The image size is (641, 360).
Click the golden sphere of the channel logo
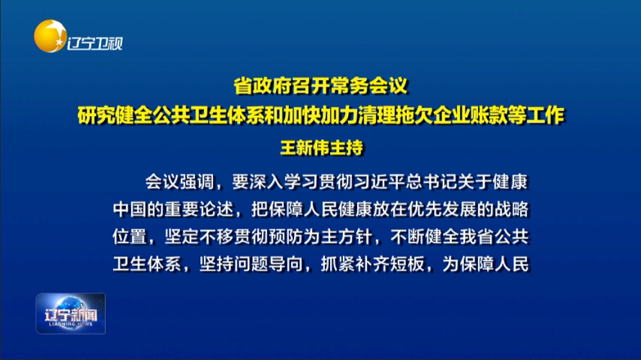coord(50,37)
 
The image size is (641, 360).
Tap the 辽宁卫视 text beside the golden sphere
coord(95,43)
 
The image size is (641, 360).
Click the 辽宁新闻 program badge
coord(71,314)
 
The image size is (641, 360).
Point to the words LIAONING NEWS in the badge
coord(71,324)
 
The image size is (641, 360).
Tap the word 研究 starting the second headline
coord(97,115)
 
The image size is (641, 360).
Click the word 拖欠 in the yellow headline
coord(414,115)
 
